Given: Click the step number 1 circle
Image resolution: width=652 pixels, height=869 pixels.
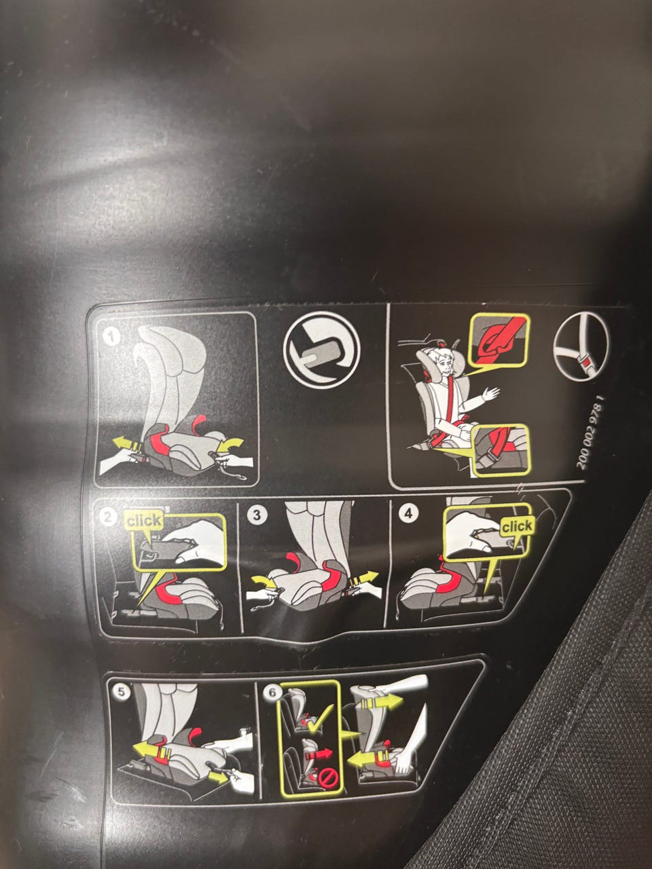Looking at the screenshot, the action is (112, 337).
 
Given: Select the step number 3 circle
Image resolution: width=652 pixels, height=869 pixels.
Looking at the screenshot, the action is (257, 515).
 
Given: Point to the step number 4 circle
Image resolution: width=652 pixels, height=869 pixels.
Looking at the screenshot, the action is (409, 513).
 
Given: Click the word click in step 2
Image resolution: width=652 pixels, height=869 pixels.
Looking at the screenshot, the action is (144, 521).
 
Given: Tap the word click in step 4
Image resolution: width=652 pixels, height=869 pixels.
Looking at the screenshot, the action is (517, 526).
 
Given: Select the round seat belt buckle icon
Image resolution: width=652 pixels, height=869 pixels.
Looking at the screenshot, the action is (581, 348).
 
